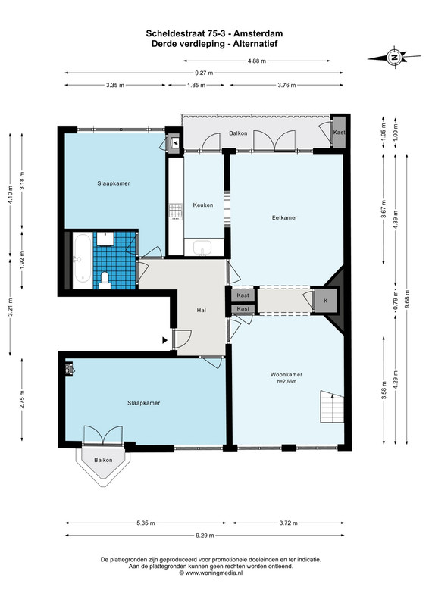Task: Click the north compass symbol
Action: [394, 58]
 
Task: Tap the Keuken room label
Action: [203, 205]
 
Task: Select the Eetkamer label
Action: [284, 217]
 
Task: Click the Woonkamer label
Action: [287, 374]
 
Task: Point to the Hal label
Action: [201, 310]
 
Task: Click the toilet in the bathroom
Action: [105, 280]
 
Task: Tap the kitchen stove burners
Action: [175, 211]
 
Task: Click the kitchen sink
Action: [202, 248]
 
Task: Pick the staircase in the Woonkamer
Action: [332, 407]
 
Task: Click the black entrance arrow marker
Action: [164, 340]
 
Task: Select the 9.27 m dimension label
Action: [204, 73]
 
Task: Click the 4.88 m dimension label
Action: [257, 61]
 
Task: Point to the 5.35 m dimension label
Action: [146, 523]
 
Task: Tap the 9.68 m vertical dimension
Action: [406, 299]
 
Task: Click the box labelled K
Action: [326, 300]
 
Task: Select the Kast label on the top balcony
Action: [340, 132]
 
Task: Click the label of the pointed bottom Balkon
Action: [103, 460]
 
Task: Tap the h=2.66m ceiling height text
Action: [287, 382]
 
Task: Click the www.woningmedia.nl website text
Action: [211, 573]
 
